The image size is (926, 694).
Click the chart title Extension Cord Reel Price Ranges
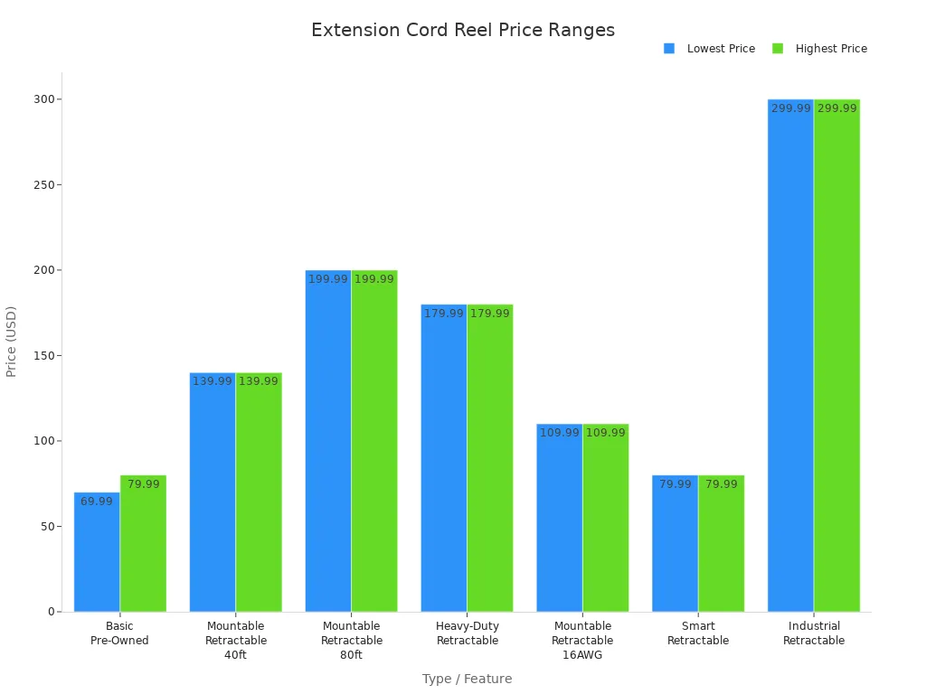coord(462,30)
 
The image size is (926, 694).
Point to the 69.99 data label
coord(97,502)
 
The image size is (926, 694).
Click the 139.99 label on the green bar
coord(259,381)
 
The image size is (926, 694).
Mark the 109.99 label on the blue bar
coord(559,433)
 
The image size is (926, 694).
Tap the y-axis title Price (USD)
coord(12,341)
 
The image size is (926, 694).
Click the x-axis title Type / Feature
coord(467,679)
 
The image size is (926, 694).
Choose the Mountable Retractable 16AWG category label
coord(582,640)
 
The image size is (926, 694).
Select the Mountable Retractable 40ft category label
coord(235,640)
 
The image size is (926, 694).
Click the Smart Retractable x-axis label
coord(698,633)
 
